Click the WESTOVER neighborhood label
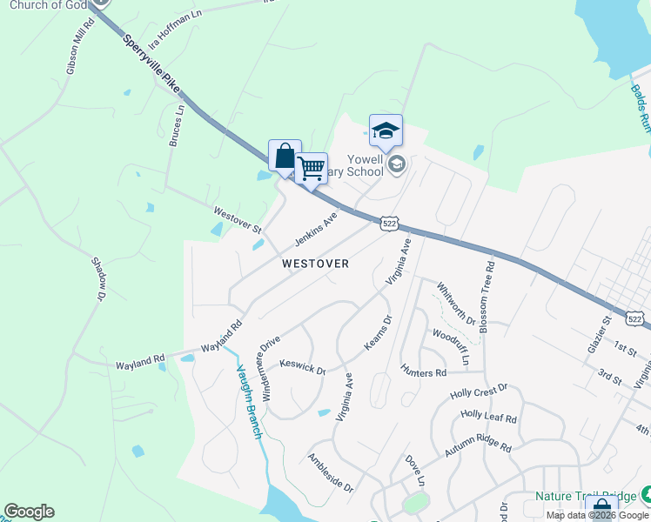(x=315, y=263)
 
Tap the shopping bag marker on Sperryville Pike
(x=285, y=157)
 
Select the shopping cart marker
(x=311, y=168)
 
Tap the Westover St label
(x=238, y=217)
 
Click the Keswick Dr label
(x=302, y=366)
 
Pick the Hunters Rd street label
(x=424, y=372)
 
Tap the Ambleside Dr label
(x=331, y=472)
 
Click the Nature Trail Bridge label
(x=585, y=496)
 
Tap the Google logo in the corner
(x=29, y=512)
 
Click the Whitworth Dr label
(x=456, y=304)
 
